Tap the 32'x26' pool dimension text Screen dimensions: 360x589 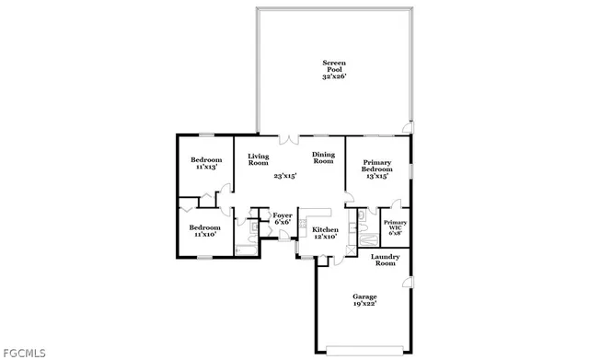click(333, 77)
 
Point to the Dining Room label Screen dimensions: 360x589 click(322, 158)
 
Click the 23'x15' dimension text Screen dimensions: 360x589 click(284, 175)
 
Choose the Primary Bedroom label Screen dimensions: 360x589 click(376, 166)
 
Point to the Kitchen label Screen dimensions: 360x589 click(325, 229)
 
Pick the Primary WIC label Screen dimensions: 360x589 click(395, 226)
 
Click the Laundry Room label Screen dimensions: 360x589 click(384, 261)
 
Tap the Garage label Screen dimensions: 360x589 click(364, 296)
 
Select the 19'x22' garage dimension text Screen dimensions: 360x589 click(364, 304)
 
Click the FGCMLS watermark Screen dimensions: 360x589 click(25, 352)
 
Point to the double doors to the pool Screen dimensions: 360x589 click(289, 139)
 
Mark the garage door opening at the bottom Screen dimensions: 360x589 click(364, 349)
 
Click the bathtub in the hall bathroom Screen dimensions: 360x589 click(247, 249)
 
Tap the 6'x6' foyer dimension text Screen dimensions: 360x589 click(283, 222)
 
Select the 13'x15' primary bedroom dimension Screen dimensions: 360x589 click(376, 176)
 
